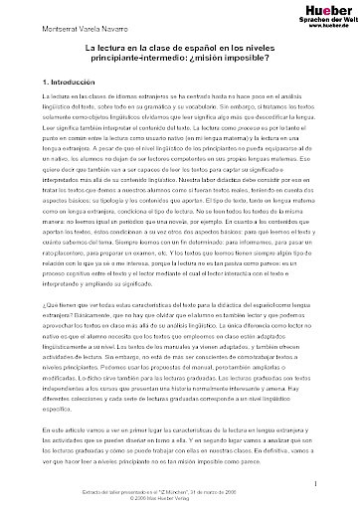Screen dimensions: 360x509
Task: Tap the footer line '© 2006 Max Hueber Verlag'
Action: click(x=179, y=498)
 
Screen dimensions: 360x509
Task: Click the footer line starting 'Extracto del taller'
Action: click(x=179, y=491)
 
